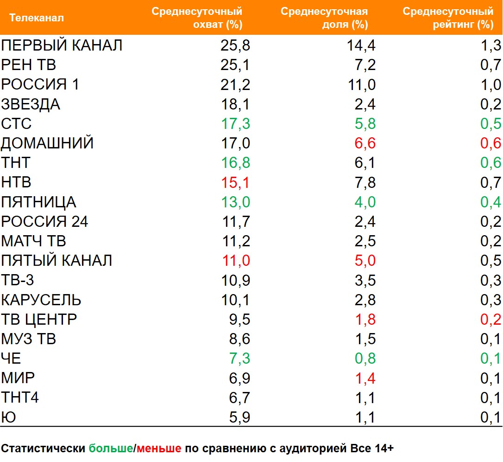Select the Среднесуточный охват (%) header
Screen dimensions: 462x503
click(x=197, y=18)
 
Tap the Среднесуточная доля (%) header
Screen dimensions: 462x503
click(x=324, y=18)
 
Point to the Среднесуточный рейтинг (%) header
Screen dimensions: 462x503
click(x=448, y=18)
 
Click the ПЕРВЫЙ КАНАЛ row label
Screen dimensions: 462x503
click(x=62, y=45)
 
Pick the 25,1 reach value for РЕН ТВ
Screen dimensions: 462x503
click(x=235, y=65)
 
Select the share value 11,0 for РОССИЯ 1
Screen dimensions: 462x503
click(x=361, y=85)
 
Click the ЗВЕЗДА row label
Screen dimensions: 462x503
click(x=31, y=104)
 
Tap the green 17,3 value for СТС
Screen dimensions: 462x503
click(x=235, y=124)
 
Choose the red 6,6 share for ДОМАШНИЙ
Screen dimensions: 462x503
click(x=365, y=143)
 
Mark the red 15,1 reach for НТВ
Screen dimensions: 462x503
click(x=235, y=183)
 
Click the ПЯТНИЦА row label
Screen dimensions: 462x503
click(x=38, y=202)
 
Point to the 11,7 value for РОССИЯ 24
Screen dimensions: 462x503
click(x=235, y=222)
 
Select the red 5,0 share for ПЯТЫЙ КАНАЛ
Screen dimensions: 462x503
click(x=365, y=261)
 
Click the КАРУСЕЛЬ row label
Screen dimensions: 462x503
click(x=41, y=300)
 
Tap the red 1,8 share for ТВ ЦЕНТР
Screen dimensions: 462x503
click(x=365, y=320)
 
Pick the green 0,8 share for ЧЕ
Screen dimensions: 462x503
click(x=365, y=359)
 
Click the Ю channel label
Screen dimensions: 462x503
click(x=8, y=417)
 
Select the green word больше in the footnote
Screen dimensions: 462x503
click(x=111, y=449)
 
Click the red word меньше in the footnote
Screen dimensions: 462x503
click(x=159, y=449)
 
